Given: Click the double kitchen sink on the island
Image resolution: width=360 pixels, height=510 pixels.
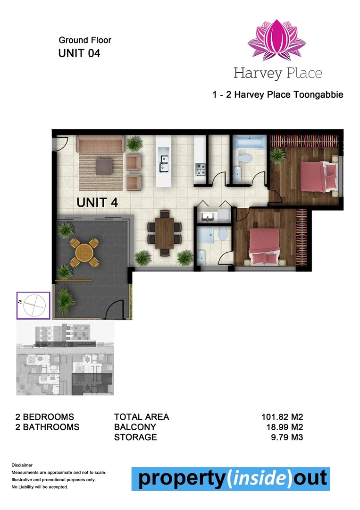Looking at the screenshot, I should (x=164, y=163).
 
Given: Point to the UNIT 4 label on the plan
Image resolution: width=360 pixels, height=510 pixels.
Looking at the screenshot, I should (x=97, y=203).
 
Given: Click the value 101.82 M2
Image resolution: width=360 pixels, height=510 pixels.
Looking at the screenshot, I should (x=282, y=417).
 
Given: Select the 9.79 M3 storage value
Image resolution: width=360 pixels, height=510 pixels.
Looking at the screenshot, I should (x=285, y=437).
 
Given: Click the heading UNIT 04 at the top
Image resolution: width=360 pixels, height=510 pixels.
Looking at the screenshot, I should (x=79, y=53).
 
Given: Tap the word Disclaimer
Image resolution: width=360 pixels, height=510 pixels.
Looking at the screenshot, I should (x=22, y=465).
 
